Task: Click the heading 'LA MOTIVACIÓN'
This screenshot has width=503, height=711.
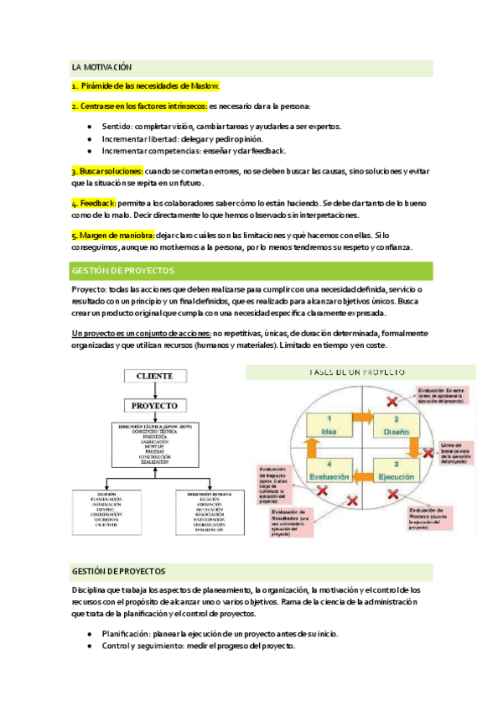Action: (102, 67)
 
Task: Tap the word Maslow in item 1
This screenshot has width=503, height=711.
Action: (205, 86)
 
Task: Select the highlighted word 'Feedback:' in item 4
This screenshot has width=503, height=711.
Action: (94, 204)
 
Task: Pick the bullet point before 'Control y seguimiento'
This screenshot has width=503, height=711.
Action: (89, 647)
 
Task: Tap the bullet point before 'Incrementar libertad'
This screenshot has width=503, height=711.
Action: (89, 139)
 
